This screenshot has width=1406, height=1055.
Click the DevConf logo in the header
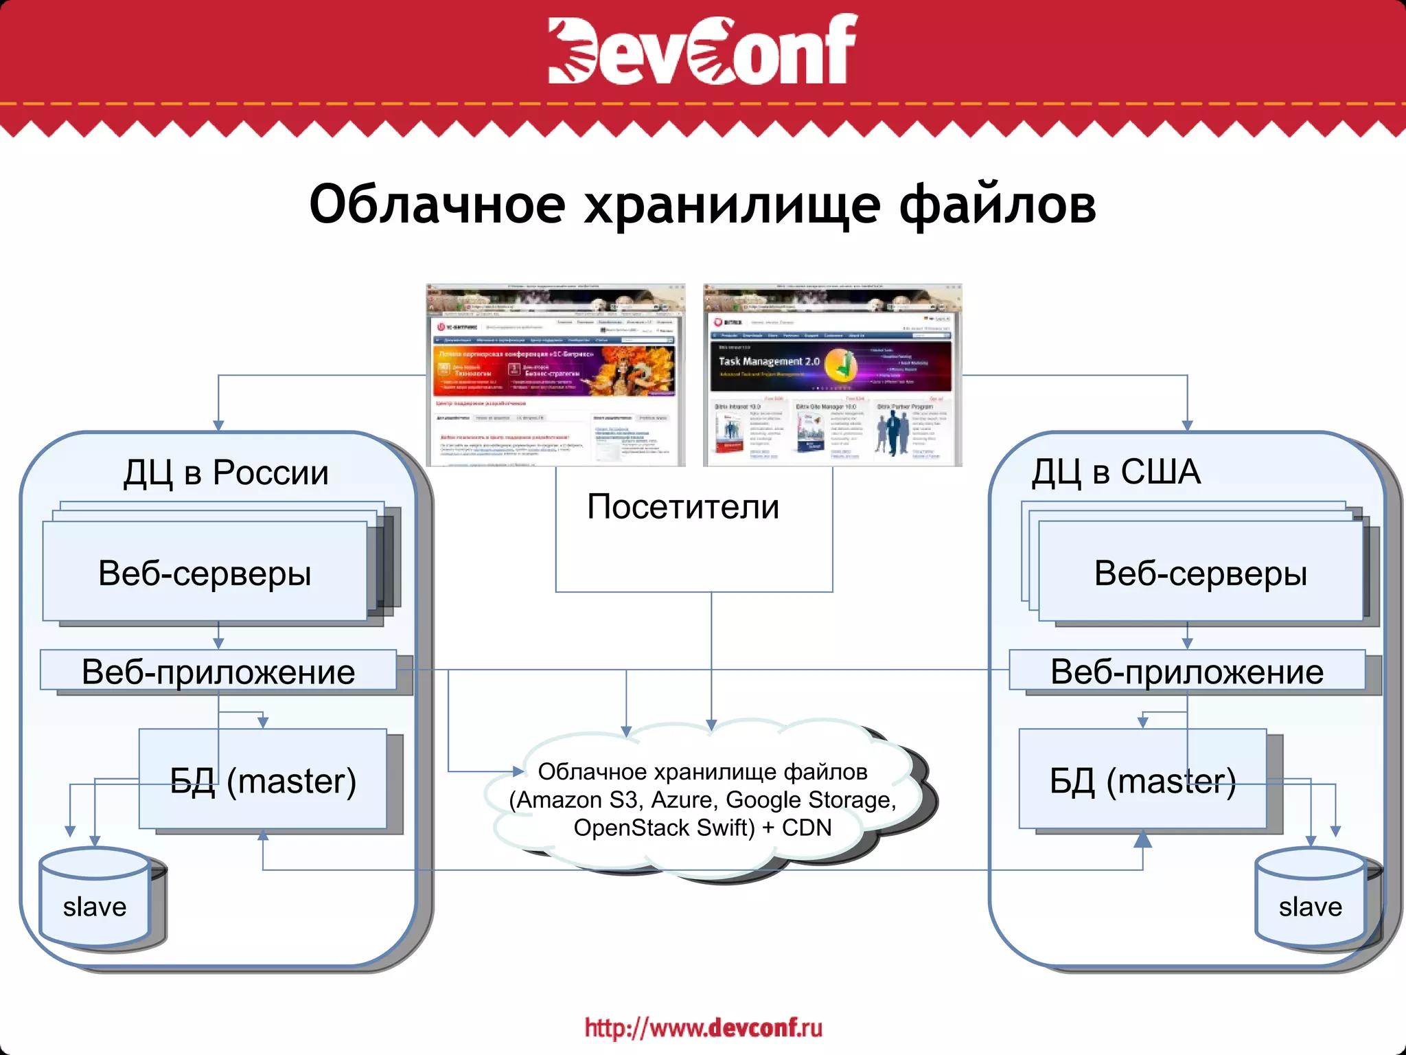point(702,49)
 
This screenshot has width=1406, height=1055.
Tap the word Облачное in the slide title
point(437,205)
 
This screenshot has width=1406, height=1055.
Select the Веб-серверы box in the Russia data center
point(205,572)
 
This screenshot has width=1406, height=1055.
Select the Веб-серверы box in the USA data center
point(1200,572)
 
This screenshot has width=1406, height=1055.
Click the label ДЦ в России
point(226,473)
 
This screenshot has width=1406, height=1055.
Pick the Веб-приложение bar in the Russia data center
point(218,671)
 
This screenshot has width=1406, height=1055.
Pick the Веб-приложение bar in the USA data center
point(1187,671)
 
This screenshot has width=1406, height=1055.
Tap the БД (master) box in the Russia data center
point(263,780)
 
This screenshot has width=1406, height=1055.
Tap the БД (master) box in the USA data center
point(1142,780)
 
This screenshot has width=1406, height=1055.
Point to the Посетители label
point(683,507)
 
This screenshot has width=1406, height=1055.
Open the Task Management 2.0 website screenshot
point(832,375)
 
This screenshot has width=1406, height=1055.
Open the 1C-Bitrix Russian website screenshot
point(555,375)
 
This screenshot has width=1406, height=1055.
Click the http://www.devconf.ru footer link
point(703,1028)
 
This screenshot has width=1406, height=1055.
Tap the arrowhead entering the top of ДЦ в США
point(1187,426)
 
